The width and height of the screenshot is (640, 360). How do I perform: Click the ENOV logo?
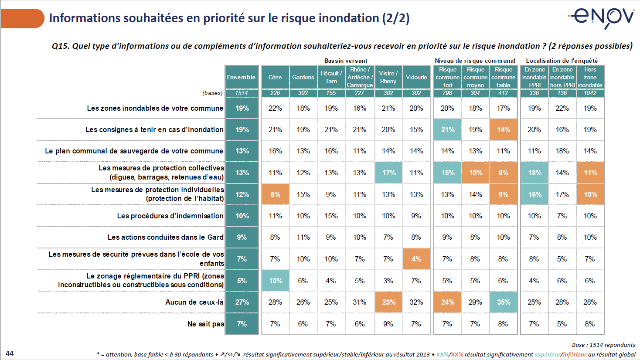(x=602, y=17)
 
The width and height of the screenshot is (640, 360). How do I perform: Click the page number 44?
(x=10, y=353)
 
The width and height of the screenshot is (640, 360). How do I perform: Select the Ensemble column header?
(x=242, y=77)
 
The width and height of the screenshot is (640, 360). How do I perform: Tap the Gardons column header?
(x=303, y=77)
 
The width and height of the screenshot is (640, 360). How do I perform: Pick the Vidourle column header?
(x=416, y=77)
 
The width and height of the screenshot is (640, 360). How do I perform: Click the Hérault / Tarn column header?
(x=331, y=77)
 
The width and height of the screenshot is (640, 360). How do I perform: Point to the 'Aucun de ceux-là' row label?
(x=194, y=302)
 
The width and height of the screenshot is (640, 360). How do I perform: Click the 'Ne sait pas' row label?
(x=205, y=324)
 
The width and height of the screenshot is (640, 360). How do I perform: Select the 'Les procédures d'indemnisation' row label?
(x=170, y=216)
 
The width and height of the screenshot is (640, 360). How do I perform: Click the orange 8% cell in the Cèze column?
(x=276, y=194)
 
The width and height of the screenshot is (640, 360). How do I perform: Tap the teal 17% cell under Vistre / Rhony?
(x=389, y=173)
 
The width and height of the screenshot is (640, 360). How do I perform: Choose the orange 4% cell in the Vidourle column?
(x=416, y=259)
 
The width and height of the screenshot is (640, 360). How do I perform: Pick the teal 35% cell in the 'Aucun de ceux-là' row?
(x=504, y=302)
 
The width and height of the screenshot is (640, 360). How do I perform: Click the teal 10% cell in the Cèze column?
(x=276, y=281)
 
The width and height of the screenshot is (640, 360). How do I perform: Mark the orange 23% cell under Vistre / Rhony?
(x=389, y=302)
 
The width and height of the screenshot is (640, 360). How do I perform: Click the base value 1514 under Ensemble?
(x=242, y=93)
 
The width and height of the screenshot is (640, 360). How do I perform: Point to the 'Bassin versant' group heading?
(x=346, y=61)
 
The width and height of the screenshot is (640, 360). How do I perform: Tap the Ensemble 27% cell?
(x=242, y=302)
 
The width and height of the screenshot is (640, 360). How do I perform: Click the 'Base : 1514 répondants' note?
(x=603, y=345)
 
